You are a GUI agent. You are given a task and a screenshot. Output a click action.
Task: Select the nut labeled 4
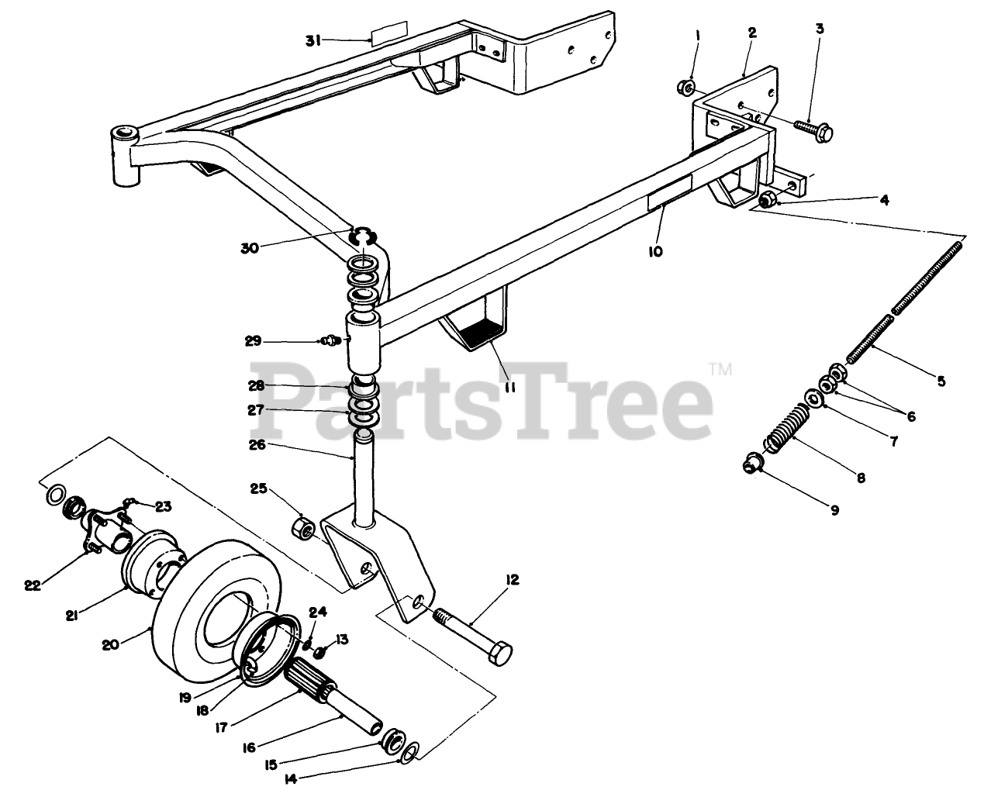[x=768, y=199]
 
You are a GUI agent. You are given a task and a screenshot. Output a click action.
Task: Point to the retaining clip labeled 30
[x=364, y=233]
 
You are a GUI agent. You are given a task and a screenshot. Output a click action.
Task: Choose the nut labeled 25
[x=302, y=529]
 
